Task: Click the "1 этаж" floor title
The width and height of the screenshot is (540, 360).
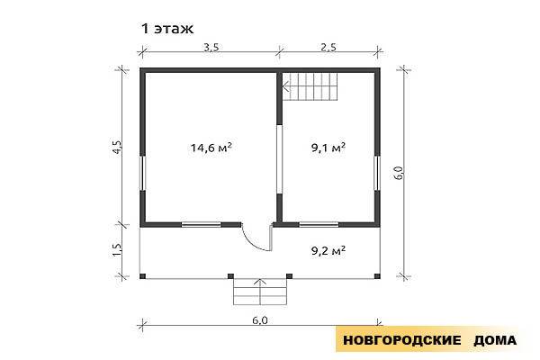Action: (x=167, y=29)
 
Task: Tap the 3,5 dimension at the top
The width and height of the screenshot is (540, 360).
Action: (x=211, y=47)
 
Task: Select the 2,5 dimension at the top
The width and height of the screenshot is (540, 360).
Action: (x=328, y=47)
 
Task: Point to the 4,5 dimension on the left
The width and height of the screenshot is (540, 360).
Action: (x=117, y=147)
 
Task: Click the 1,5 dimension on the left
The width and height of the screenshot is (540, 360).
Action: (x=117, y=250)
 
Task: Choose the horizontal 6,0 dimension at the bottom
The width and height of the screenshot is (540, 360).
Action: (x=260, y=320)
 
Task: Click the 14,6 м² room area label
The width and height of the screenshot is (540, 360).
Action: (x=211, y=148)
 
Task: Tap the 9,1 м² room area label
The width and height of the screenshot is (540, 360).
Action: (x=328, y=148)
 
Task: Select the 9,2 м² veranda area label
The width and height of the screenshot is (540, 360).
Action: (x=328, y=250)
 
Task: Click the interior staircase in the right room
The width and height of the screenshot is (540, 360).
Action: (x=310, y=86)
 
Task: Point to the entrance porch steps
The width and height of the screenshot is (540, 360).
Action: (x=260, y=292)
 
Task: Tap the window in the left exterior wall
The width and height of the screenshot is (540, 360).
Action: (x=142, y=173)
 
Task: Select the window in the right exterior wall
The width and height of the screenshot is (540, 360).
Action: (x=377, y=173)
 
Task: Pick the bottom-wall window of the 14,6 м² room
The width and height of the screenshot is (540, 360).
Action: (x=201, y=225)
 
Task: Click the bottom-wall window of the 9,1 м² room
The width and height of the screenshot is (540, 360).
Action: (x=319, y=225)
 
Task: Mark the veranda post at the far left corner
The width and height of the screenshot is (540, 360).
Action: (x=142, y=276)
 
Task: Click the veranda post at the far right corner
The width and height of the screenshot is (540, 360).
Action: (x=377, y=276)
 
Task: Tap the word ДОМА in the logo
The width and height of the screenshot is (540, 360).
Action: (x=495, y=340)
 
